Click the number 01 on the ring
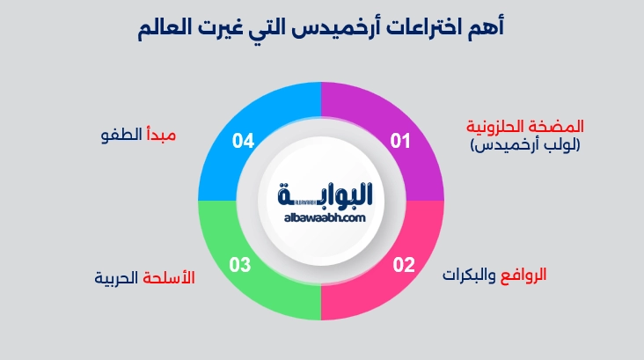[x=401, y=140]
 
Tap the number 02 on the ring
[x=403, y=264]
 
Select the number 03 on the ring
[x=240, y=264]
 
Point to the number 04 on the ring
[x=243, y=140]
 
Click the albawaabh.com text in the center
[x=324, y=217]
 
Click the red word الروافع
[x=522, y=274]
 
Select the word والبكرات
[x=469, y=274]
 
